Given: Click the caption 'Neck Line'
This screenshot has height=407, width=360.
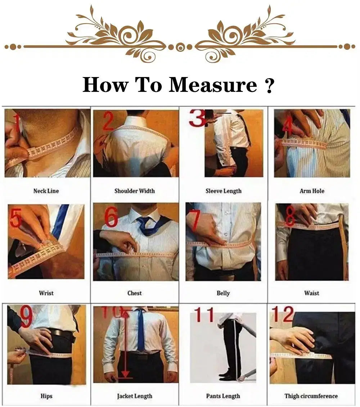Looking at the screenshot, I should point(46,191).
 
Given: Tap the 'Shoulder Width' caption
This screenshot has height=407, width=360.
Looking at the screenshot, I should point(135,191).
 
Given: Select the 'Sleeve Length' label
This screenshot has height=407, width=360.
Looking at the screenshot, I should point(223,191).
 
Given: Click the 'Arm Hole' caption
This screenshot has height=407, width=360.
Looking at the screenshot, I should point(312,191).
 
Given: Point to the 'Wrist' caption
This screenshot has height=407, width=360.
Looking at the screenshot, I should point(46,293).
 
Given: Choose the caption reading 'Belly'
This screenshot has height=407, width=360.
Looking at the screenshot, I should point(223,293).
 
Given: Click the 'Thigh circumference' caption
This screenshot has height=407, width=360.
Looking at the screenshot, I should point(311,396).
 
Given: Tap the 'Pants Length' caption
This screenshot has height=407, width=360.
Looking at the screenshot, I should point(223,396).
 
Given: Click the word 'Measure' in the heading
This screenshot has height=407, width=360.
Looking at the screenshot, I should point(213,85).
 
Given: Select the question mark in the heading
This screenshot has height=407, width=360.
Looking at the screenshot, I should point(270,86).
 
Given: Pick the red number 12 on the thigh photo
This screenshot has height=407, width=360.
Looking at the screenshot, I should point(283,314).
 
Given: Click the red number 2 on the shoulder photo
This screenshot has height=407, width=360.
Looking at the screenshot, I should point(108,121).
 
